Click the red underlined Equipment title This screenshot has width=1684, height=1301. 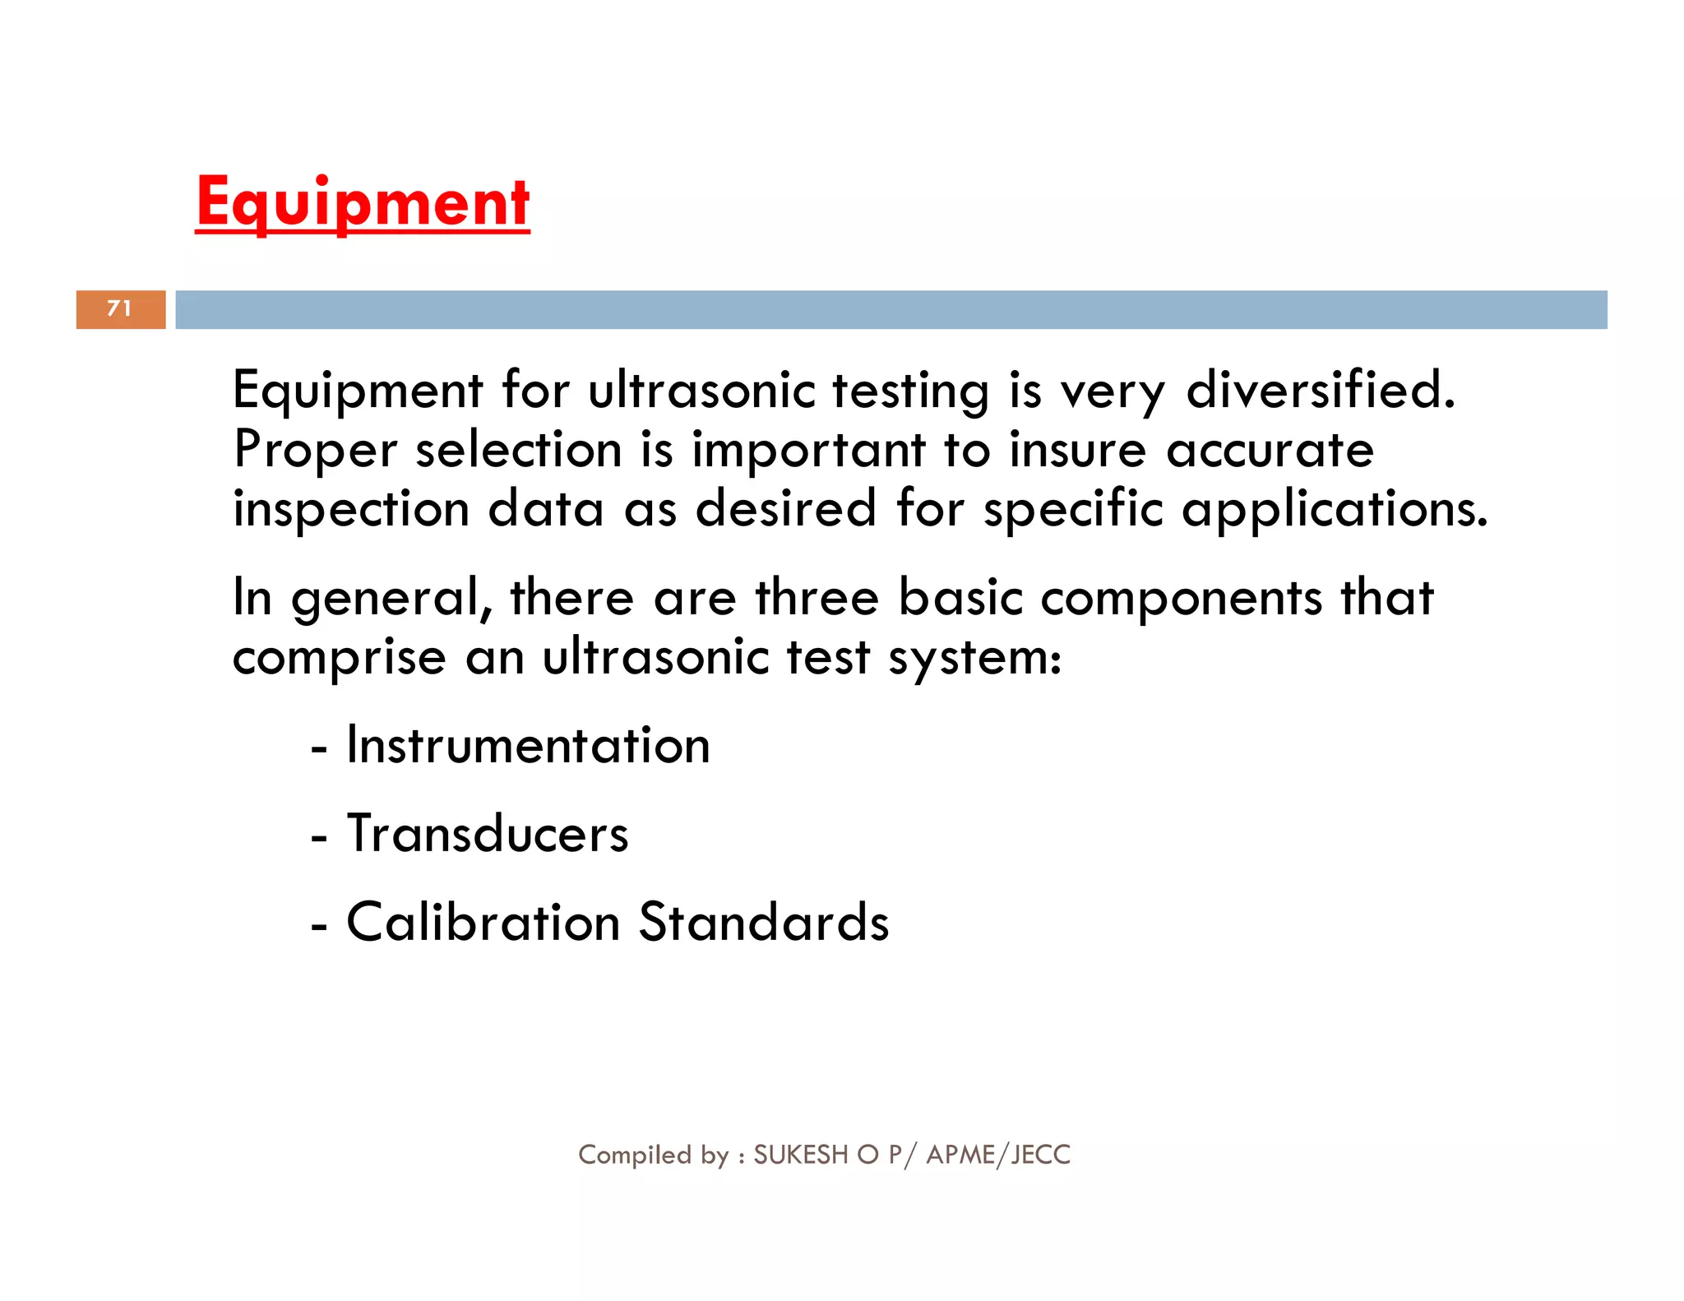point(363,203)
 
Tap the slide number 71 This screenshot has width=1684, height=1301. point(120,308)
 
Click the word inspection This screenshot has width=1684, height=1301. point(351,509)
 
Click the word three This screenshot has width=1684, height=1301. point(817,598)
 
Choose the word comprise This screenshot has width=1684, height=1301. point(339,657)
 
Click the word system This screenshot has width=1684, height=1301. point(974,657)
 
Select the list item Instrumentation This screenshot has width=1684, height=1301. point(528,746)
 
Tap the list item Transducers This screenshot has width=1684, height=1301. point(488,834)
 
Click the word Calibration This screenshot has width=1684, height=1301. point(483,922)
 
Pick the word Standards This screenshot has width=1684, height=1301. point(764,922)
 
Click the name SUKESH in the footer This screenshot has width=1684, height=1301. point(800,1155)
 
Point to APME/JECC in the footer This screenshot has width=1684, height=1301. point(998,1155)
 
